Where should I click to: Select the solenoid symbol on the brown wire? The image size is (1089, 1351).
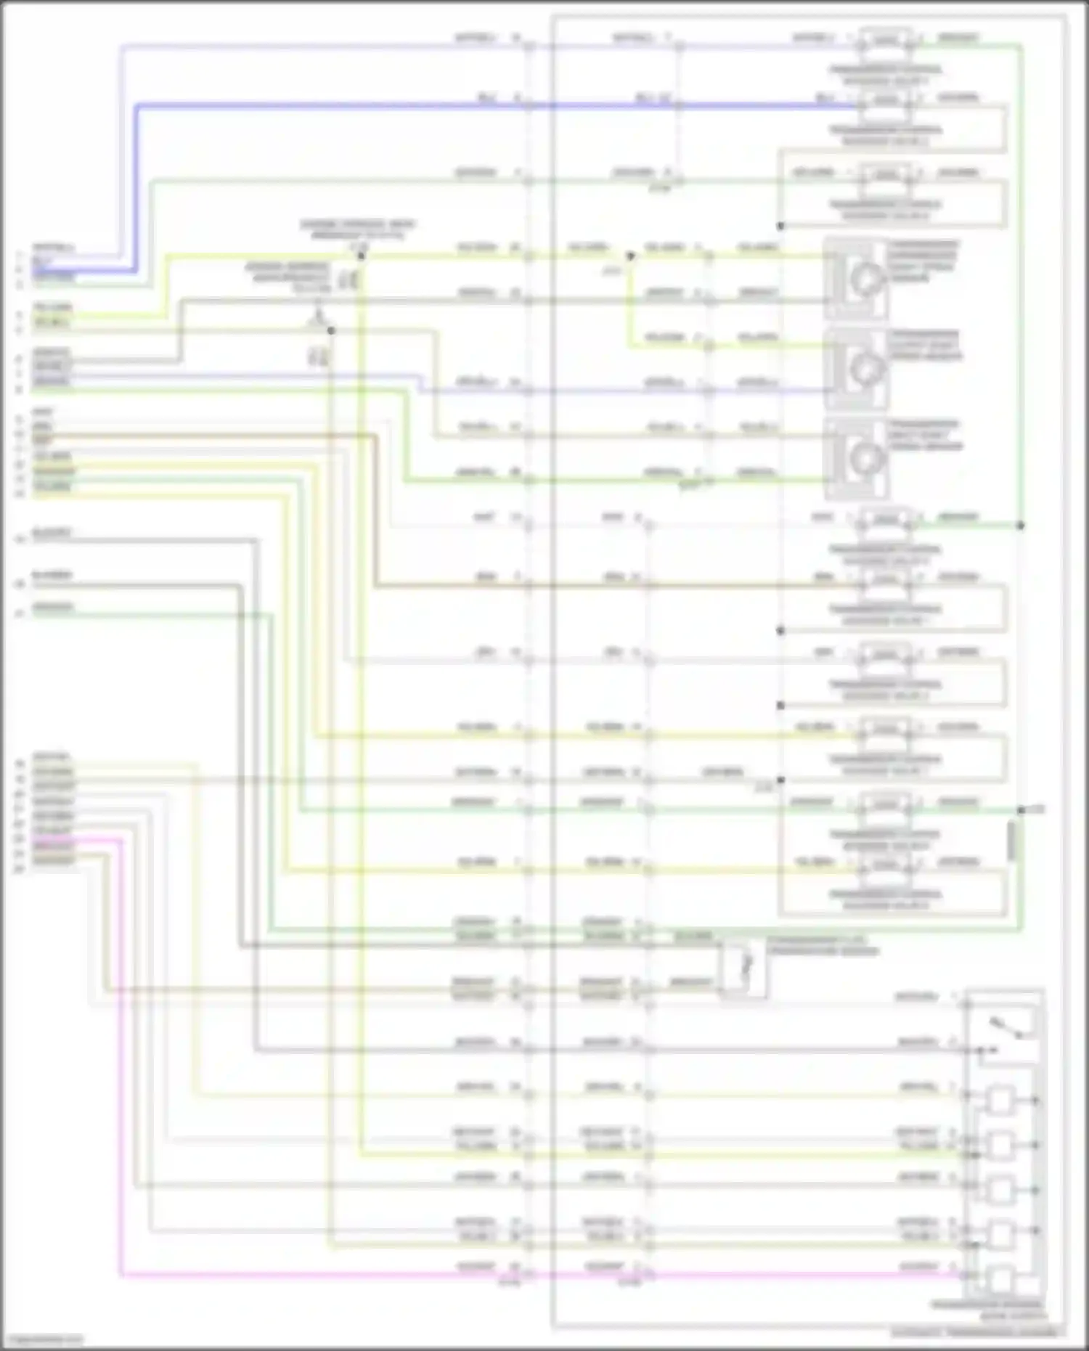(886, 579)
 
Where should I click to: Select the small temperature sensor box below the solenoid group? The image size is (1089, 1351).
(745, 967)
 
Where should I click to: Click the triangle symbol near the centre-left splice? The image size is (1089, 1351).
(317, 317)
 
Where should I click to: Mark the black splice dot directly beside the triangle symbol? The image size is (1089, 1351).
(331, 331)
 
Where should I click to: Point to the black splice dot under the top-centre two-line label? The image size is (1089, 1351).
(361, 256)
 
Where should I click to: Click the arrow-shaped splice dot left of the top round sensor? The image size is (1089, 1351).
(630, 256)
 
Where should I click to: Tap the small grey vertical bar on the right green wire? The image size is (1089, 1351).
(1012, 842)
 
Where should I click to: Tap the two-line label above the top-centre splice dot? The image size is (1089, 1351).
(357, 229)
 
